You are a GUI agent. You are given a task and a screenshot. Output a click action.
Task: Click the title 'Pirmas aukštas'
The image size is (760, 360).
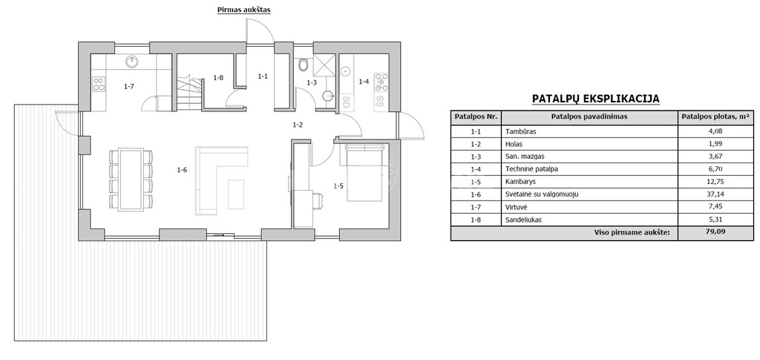click(x=243, y=10)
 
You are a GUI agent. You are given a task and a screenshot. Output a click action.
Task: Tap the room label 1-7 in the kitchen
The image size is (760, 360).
click(x=128, y=86)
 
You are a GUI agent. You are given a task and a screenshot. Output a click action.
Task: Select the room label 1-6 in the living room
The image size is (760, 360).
click(x=183, y=169)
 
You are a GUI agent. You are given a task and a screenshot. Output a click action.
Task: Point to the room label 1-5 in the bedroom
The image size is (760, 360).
click(x=338, y=185)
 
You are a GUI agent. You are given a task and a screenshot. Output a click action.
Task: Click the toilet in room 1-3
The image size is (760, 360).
click(x=304, y=65)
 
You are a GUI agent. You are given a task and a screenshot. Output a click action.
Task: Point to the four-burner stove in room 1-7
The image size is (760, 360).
click(x=99, y=84)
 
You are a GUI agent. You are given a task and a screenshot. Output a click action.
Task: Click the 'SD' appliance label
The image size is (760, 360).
click(x=346, y=102)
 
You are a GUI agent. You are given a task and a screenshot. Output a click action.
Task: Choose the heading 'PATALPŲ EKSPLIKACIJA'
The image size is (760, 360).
click(x=596, y=99)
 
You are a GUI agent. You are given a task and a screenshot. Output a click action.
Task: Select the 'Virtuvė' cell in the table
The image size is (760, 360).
click(x=517, y=207)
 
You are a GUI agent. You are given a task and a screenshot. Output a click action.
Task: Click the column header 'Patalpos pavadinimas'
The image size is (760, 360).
click(x=589, y=117)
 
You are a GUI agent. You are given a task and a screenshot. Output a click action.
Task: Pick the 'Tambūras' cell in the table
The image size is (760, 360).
click(x=520, y=131)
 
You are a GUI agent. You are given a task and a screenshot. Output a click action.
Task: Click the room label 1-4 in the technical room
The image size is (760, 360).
click(x=364, y=82)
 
